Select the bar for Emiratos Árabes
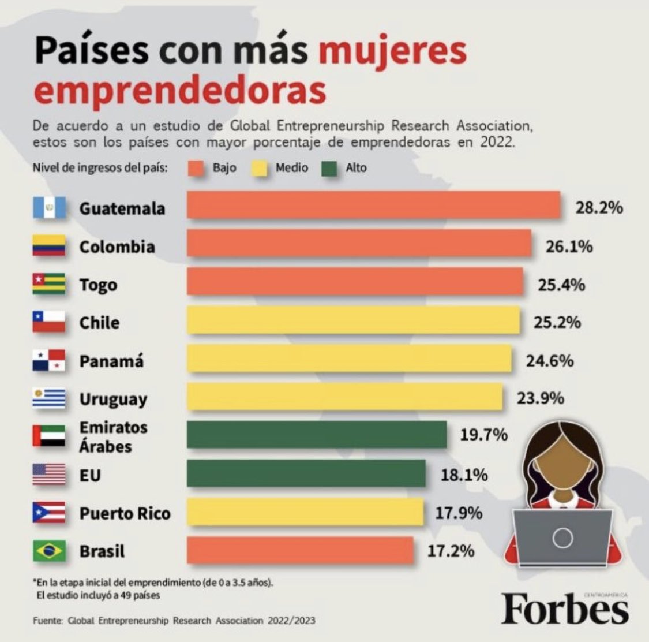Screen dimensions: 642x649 [317, 435]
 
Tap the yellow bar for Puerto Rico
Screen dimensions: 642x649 [305, 512]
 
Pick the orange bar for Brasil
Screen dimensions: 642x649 [300, 550]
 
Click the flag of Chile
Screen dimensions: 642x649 [49, 322]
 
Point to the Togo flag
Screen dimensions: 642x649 [49, 283]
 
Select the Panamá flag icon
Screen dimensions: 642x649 [49, 360]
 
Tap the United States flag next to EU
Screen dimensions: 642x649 [49, 474]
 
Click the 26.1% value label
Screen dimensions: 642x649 [569, 247]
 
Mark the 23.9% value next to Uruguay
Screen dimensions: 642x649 [540, 398]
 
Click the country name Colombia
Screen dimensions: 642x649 [117, 247]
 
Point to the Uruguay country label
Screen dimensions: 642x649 [113, 399]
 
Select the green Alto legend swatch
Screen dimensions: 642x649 [331, 169]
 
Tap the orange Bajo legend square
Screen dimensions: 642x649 [197, 169]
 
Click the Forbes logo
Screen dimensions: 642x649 [565, 609]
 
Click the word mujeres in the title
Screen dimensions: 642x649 [392, 52]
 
